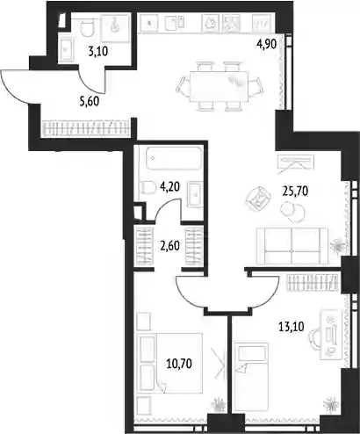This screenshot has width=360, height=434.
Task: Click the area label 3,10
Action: (x=97, y=52)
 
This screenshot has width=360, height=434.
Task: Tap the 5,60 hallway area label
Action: (x=90, y=101)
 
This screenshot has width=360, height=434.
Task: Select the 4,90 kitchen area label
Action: (x=266, y=45)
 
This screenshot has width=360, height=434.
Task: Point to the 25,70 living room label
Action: (x=295, y=192)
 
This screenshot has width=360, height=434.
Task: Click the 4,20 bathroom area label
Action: (x=169, y=186)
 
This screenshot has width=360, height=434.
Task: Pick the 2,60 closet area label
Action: (x=169, y=246)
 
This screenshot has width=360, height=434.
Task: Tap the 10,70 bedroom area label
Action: (x=179, y=364)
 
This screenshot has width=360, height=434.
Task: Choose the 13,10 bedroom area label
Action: (x=291, y=326)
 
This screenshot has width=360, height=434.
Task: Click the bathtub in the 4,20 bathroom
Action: (x=174, y=158)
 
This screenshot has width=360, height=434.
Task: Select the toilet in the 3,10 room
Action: (x=87, y=27)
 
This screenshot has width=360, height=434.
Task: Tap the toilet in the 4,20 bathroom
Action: (x=148, y=188)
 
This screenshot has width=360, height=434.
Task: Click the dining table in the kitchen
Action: (x=219, y=86)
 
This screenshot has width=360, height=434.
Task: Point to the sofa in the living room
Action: (x=292, y=246)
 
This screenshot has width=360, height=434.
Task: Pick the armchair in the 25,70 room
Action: (x=258, y=199)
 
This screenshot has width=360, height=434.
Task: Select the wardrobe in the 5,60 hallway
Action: (x=87, y=128)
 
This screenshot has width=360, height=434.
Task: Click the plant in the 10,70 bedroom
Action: (x=219, y=404)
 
